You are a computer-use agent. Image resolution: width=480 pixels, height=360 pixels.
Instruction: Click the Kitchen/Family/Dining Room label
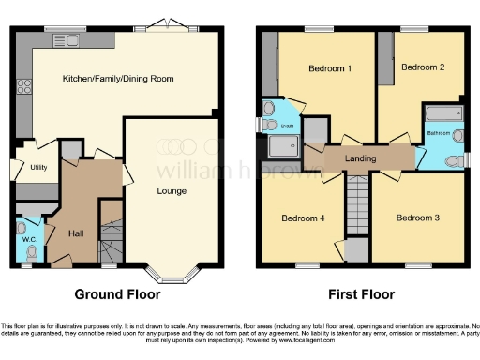[118, 79]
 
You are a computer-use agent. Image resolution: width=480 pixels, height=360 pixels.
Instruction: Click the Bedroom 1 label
[330, 68]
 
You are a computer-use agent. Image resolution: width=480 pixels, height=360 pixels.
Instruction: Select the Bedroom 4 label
[303, 218]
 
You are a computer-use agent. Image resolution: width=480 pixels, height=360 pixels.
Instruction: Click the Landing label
[360, 158]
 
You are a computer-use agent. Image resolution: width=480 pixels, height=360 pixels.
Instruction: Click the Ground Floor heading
[117, 293]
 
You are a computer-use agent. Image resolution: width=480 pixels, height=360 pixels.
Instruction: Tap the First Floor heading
[360, 293]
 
